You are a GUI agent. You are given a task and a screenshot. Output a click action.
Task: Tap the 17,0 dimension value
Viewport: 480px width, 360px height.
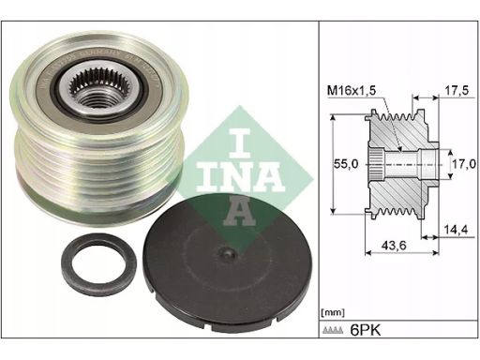click(x=460, y=162)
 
